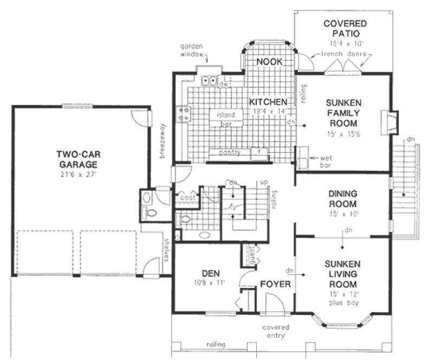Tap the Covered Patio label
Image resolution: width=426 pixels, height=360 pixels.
point(344,28)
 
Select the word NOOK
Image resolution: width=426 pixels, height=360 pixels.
point(269,62)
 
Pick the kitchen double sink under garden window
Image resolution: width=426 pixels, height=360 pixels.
point(210,81)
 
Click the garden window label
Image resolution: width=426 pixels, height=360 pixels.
point(193,51)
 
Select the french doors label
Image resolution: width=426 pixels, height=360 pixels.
point(343,54)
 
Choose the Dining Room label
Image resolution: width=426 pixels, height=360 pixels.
point(343,200)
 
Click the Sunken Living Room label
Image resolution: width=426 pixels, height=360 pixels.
point(341,274)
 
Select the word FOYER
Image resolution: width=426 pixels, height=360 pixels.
point(275,284)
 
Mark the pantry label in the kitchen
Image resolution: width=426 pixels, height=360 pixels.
point(230,153)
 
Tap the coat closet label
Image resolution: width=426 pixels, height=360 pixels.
point(188,198)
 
